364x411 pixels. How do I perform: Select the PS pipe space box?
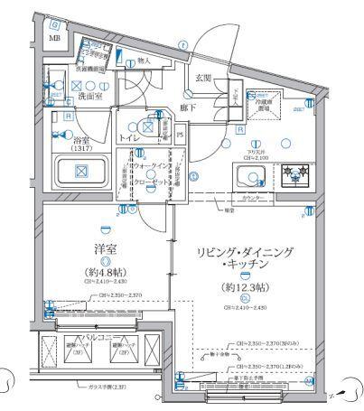point(179,135)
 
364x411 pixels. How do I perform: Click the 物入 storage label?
point(143,61)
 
